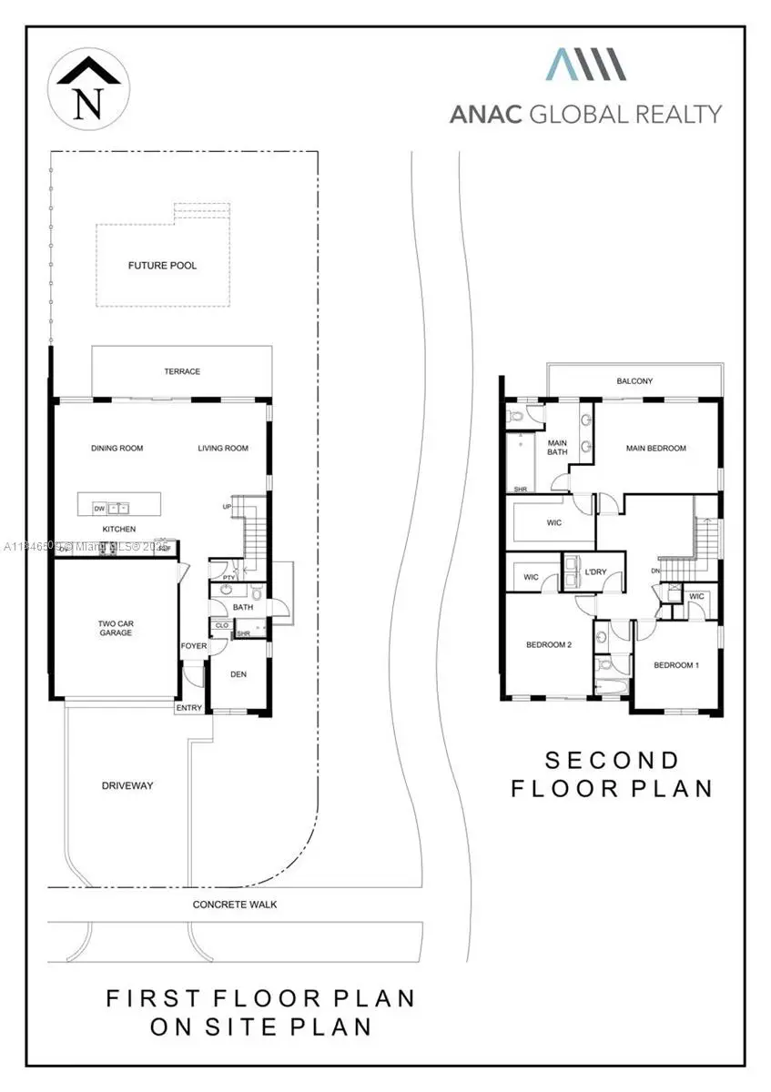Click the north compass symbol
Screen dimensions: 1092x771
click(x=87, y=88)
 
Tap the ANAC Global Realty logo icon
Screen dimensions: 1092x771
click(x=585, y=66)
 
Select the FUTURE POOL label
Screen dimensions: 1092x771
click(x=162, y=266)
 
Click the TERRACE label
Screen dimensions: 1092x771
click(x=182, y=371)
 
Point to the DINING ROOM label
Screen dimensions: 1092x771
click(x=117, y=448)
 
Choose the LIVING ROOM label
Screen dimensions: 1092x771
click(x=223, y=448)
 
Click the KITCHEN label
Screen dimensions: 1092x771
click(x=118, y=529)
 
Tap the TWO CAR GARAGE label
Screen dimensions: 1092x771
click(x=116, y=628)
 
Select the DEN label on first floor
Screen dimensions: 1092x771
click(x=238, y=674)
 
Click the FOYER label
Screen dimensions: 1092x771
click(x=194, y=646)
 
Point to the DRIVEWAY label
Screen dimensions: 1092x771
click(x=127, y=785)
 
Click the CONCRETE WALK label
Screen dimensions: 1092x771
click(x=235, y=905)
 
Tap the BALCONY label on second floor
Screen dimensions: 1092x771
click(x=634, y=381)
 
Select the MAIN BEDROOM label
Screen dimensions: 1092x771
click(x=655, y=448)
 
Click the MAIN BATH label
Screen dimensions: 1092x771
click(x=557, y=448)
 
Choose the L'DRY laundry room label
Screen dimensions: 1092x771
click(x=595, y=571)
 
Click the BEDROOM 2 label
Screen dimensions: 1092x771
click(x=549, y=645)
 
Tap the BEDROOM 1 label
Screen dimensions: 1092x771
click(x=676, y=665)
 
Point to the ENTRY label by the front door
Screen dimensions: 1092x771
click(x=189, y=708)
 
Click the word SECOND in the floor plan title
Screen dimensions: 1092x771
click(x=612, y=760)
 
